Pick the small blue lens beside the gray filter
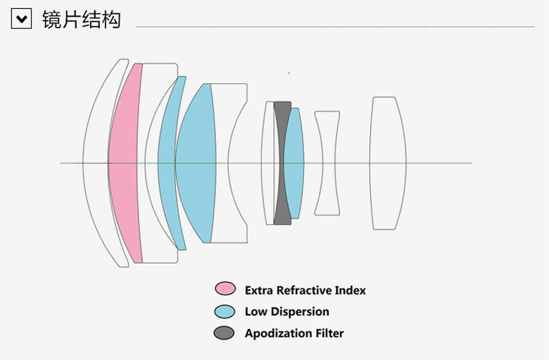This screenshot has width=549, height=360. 295,162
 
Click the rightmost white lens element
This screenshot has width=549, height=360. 387,162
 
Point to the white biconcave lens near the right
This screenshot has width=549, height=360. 327,162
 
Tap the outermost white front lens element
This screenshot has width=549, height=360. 96,162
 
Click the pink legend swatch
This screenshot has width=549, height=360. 224,289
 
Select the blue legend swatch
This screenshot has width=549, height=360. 224,311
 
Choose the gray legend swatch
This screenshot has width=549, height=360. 224,333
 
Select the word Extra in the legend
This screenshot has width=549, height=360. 259,290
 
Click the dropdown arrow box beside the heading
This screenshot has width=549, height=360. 21,19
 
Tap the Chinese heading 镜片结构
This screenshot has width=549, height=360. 81,19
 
